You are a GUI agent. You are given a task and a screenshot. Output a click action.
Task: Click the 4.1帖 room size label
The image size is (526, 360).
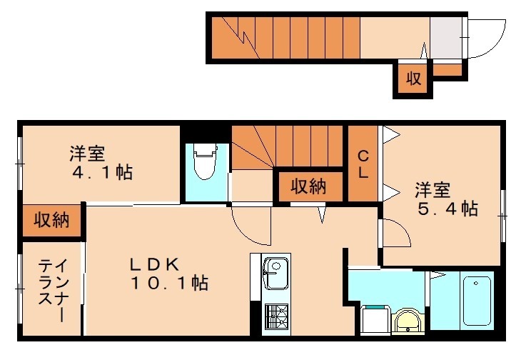pyautogui.click(x=101, y=173)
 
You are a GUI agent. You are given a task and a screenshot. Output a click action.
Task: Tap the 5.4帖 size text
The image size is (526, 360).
pyautogui.click(x=447, y=209)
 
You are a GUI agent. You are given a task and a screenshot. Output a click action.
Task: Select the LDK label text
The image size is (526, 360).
pyautogui.click(x=152, y=264)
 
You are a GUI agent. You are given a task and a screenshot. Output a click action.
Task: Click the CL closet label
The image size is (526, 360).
pyautogui.click(x=363, y=164)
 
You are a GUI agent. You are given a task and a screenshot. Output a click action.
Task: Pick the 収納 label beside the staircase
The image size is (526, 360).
pyautogui.click(x=308, y=187)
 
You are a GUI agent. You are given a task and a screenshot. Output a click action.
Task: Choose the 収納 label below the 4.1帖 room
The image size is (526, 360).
pyautogui.click(x=51, y=220)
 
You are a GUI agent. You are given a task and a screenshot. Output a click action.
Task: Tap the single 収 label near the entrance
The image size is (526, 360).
pyautogui.click(x=413, y=79)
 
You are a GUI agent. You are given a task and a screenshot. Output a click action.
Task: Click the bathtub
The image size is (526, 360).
pyautogui.click(x=475, y=301)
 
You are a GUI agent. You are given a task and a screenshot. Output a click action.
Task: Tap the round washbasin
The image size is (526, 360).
pyautogui.click(x=408, y=321)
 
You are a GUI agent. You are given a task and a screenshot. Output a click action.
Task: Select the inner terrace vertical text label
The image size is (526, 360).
pyautogui.click(x=52, y=289)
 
